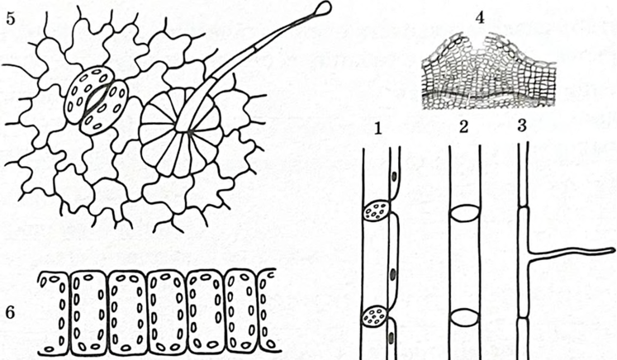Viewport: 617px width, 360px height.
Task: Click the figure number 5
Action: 11,18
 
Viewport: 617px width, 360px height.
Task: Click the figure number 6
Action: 10,312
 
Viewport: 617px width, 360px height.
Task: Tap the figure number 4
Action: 480,17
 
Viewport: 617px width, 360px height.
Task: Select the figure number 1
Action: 378,129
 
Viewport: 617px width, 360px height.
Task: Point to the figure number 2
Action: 464,127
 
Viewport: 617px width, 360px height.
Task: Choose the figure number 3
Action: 522,126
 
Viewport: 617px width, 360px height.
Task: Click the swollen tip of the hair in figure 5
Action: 324,8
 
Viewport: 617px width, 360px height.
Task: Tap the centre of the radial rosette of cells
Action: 189,133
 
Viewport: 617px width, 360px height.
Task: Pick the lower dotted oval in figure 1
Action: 375,316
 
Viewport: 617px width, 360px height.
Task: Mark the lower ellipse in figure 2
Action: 465,317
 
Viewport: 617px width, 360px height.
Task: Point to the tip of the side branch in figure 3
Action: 612,250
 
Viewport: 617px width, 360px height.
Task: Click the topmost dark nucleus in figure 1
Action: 394,177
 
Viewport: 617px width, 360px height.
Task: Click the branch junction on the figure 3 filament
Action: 526,253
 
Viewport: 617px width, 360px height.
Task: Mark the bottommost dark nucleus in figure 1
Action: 391,337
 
